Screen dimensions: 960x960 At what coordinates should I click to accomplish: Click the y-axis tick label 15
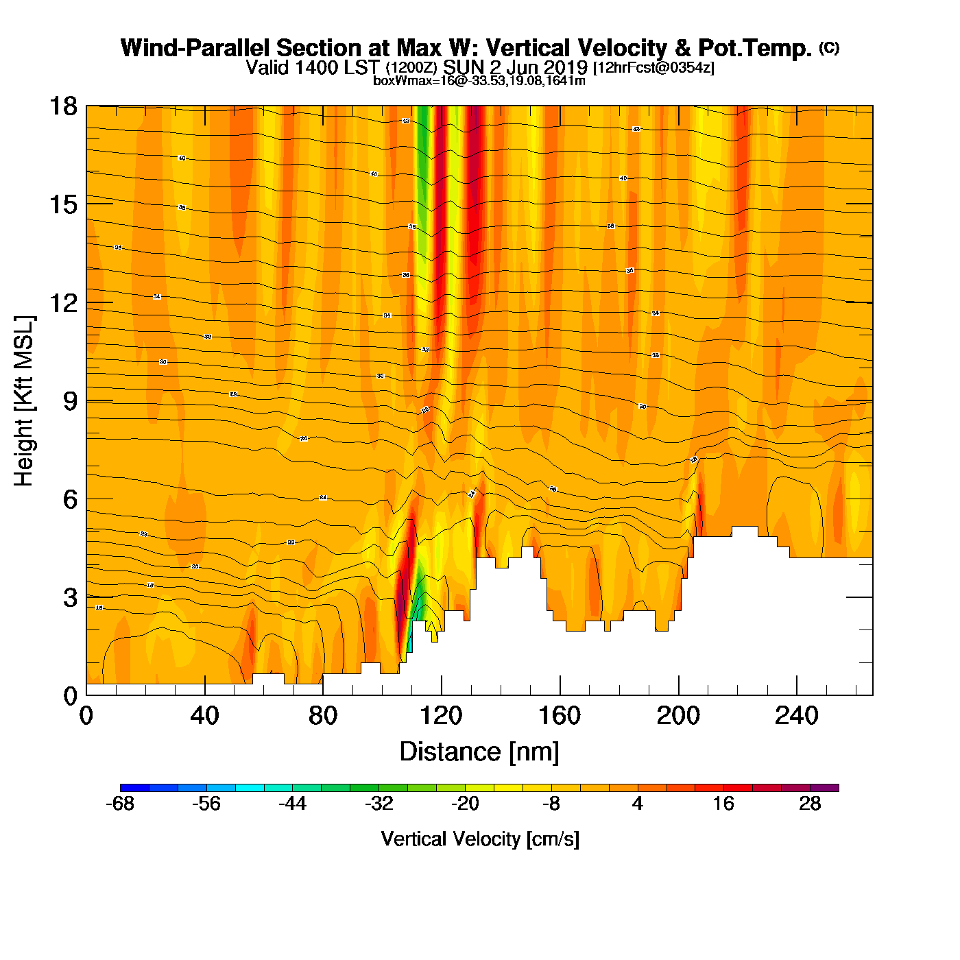coord(62,204)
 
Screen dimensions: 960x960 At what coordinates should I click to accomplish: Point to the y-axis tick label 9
coord(70,401)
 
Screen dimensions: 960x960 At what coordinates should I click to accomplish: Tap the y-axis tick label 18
coord(62,106)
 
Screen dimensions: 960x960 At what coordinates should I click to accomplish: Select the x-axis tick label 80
coord(322,716)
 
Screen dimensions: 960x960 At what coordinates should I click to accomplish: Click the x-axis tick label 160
coord(560,716)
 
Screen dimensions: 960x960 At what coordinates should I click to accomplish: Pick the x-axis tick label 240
coord(796,716)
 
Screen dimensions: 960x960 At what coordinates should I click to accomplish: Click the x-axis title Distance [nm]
coord(479,752)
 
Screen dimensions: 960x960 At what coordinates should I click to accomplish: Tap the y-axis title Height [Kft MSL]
coord(24,401)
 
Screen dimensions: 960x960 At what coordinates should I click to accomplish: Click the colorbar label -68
coord(120,804)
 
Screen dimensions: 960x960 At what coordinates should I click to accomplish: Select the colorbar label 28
coord(810,804)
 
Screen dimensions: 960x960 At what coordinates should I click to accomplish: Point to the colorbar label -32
coord(379,804)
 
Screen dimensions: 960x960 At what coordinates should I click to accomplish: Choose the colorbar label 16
coord(723,804)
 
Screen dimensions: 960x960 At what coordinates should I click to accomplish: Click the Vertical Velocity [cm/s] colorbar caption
coord(480,839)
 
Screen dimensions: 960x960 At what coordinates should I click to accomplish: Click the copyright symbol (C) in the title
coord(828,47)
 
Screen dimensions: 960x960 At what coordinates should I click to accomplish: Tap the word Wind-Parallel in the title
coord(196,48)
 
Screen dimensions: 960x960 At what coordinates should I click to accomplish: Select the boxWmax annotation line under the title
coord(479,81)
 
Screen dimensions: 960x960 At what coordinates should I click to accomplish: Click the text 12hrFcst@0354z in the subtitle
coord(653,68)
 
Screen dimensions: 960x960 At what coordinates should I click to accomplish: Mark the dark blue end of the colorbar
coord(128,788)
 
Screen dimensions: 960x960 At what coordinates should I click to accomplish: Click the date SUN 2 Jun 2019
coord(515,67)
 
